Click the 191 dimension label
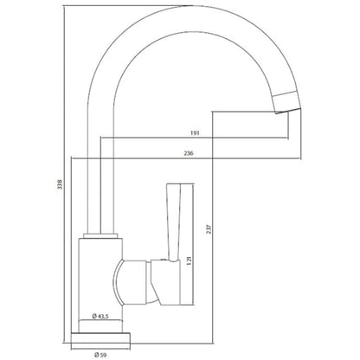195,133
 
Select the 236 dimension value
189,153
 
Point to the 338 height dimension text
60,184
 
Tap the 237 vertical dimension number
209,229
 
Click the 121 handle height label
189,260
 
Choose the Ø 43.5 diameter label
100,317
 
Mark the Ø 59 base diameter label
100,355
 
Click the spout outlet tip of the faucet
288,111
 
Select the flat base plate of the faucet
100,337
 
